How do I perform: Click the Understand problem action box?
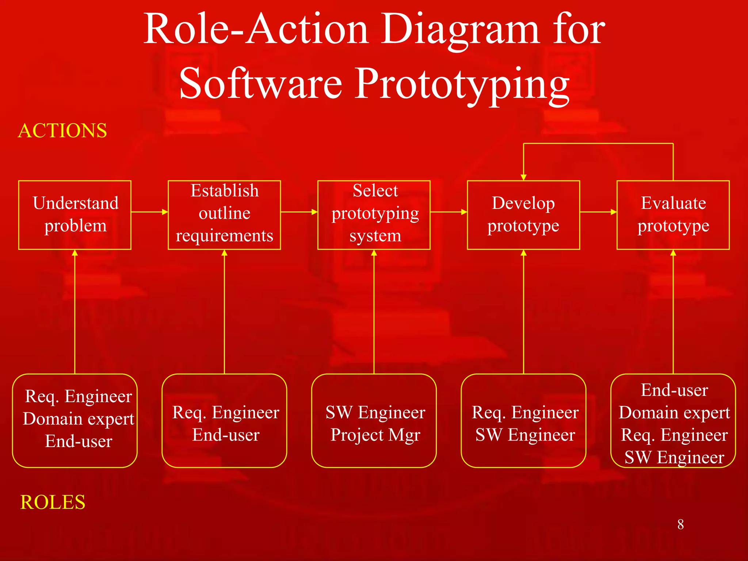pyautogui.click(x=75, y=215)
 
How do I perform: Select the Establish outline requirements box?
pyautogui.click(x=224, y=215)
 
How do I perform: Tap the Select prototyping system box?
pyautogui.click(x=374, y=215)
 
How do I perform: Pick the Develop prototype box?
pyautogui.click(x=523, y=215)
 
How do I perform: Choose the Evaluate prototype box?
pyautogui.click(x=673, y=215)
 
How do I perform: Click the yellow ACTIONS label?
pyautogui.click(x=62, y=131)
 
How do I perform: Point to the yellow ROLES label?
pyautogui.click(x=53, y=502)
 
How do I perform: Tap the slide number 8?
pyautogui.click(x=680, y=524)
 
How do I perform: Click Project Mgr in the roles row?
pyautogui.click(x=375, y=435)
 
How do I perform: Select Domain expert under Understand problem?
pyautogui.click(x=79, y=419)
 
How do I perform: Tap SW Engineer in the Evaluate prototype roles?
pyautogui.click(x=674, y=457)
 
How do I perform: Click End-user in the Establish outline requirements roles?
pyautogui.click(x=226, y=435)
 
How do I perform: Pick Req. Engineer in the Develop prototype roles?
pyautogui.click(x=525, y=413)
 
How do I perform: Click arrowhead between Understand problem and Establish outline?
pyautogui.click(x=165, y=212)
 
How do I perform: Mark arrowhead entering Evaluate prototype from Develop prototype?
pyautogui.click(x=614, y=212)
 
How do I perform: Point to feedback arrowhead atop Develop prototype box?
pyautogui.click(x=523, y=178)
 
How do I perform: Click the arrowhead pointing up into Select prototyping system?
pyautogui.click(x=374, y=253)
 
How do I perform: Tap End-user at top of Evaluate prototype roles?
pyautogui.click(x=674, y=390)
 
